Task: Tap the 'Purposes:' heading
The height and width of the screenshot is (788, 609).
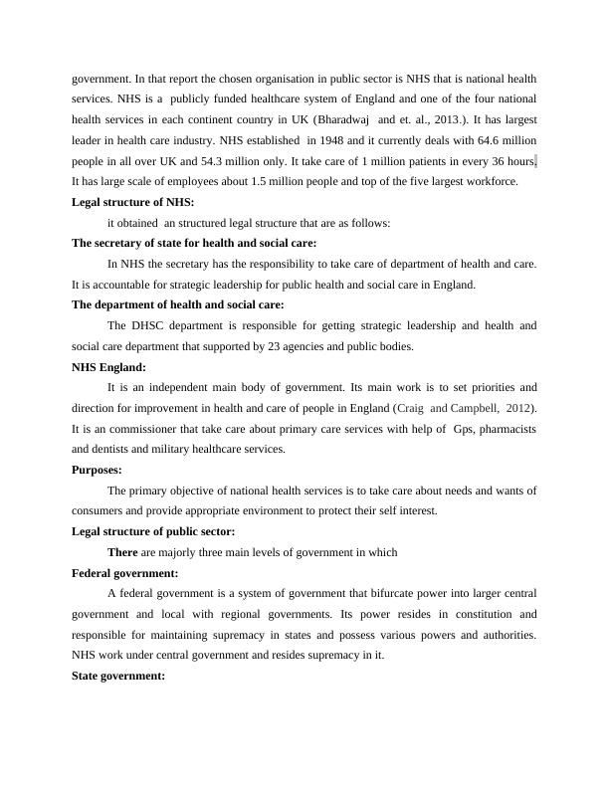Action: pos(98,470)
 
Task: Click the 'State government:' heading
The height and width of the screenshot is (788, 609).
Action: pos(118,677)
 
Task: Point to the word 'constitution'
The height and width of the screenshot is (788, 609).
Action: pos(472,614)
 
